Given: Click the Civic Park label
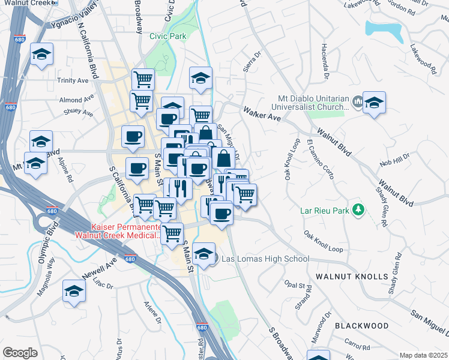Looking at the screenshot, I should pos(167,36).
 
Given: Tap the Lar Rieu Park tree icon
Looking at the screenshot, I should pos(358,209).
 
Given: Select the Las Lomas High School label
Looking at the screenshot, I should pos(265,259).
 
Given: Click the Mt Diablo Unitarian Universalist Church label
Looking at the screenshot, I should pos(313,103).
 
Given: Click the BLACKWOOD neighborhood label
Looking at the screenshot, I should pos(362,325).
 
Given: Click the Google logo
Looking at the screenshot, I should pos(20,353).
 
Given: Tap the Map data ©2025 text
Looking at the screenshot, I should pos(423,355).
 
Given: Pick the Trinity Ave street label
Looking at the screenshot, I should pos(73,80).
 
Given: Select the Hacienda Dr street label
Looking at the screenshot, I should pos(325,61).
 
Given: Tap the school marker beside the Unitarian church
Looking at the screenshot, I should pos(374,103).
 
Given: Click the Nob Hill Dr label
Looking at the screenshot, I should pos(394,161).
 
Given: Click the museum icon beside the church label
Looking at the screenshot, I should pos(358,101).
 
